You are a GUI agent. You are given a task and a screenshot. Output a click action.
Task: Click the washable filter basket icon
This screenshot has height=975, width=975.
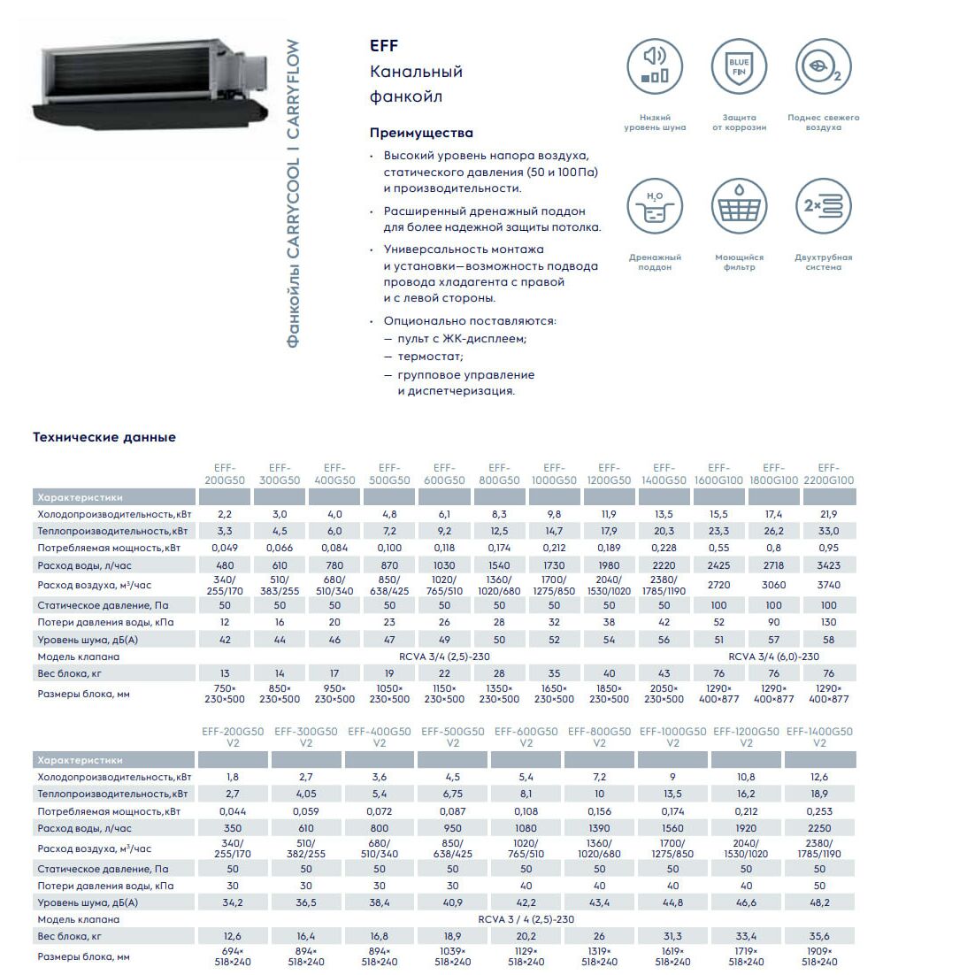(739, 207)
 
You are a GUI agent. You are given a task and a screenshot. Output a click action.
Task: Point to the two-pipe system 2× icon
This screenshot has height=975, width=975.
(824, 207)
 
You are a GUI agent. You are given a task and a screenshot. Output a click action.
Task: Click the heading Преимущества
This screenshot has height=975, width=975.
(421, 133)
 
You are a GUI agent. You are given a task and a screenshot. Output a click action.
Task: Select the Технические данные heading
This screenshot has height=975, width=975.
(104, 437)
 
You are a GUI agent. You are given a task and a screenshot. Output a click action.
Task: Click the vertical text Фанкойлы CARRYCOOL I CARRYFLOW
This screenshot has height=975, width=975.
(294, 193)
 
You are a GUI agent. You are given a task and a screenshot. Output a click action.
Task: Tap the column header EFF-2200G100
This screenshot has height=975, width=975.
(828, 474)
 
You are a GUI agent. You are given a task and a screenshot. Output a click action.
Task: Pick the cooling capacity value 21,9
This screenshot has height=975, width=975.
(828, 514)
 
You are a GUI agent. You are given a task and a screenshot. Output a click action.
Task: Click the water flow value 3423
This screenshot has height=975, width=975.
(828, 565)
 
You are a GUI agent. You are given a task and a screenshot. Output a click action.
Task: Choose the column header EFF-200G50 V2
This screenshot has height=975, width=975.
(233, 737)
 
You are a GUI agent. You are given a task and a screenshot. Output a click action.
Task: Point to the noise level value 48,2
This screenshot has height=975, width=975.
(819, 902)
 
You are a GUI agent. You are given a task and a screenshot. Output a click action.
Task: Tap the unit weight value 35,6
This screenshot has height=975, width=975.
(819, 936)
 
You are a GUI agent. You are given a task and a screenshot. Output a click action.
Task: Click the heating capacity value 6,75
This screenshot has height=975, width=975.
(452, 795)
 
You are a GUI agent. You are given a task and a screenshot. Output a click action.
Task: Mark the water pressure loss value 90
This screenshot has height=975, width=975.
(773, 622)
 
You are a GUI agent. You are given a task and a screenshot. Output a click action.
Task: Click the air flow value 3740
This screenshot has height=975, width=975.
(828, 585)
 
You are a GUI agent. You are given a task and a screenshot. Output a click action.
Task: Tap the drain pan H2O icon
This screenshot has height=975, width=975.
(655, 207)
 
